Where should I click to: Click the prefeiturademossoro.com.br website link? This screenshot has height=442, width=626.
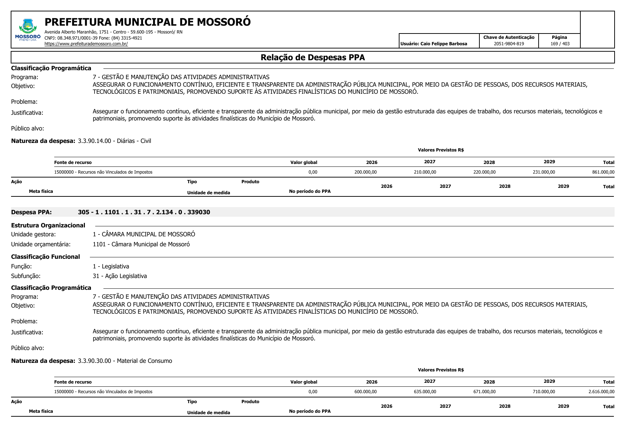(x=86, y=44)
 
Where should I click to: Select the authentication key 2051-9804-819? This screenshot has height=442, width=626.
(x=509, y=44)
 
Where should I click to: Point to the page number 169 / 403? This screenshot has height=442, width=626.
(x=560, y=44)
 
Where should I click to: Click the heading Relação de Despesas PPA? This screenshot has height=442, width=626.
(x=312, y=57)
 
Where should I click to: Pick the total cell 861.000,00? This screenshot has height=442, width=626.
(x=603, y=172)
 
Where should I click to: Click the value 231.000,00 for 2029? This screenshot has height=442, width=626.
(x=544, y=172)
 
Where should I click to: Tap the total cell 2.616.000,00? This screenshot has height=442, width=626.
(x=601, y=392)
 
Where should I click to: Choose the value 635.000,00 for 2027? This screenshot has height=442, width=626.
(x=425, y=392)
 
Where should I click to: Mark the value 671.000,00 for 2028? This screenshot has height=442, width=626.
(x=484, y=392)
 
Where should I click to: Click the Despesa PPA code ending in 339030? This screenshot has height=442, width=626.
(x=144, y=212)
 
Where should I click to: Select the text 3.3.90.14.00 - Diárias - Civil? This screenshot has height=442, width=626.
(x=114, y=141)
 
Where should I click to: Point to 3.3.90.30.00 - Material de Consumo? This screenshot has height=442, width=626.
(x=125, y=361)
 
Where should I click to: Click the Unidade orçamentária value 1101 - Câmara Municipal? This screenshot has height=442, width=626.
(x=141, y=244)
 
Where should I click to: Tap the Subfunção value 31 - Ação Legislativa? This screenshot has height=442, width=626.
(x=119, y=276)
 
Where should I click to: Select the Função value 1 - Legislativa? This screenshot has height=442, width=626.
(x=111, y=266)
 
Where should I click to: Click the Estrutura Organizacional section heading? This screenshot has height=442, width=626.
(x=48, y=225)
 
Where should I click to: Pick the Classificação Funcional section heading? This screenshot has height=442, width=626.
(x=45, y=257)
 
